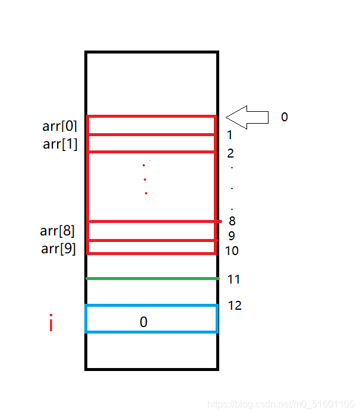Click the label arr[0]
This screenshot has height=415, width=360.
pos(59,126)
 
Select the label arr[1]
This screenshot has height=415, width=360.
pos(60,144)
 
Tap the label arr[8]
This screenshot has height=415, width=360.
pos(58,231)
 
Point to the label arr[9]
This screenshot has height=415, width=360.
pos(58,249)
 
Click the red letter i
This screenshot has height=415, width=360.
pos(51,325)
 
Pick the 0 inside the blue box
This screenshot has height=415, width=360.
pos(143,322)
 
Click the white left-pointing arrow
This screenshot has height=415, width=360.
pos(247,117)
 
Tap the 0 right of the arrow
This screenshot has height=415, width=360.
pos(284,117)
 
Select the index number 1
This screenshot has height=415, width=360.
pos(229,136)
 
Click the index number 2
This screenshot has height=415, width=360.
pos(230,153)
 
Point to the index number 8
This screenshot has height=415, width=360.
pos(232,221)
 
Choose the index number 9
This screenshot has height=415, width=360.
pos(231,236)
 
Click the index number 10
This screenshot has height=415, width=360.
pos(232,251)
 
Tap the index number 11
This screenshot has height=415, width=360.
pos(233,279)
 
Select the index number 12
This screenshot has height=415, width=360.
pos(235,306)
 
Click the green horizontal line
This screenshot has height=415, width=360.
pos(152,278)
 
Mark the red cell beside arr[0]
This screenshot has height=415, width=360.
pos(151,125)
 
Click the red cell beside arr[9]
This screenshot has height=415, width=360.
pos(151,247)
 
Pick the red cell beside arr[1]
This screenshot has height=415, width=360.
pos(151,143)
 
